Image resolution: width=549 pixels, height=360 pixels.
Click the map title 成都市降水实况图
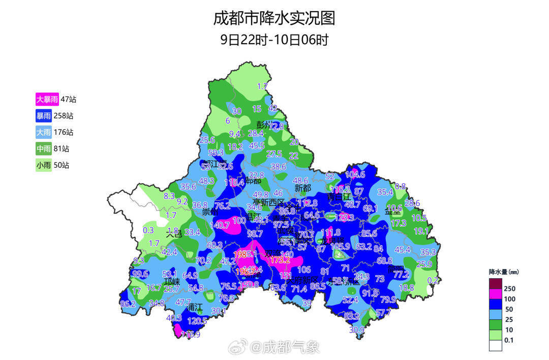(x=274, y=18)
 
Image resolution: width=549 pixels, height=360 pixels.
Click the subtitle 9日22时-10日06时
(x=274, y=40)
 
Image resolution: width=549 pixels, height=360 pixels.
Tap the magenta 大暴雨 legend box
(x=47, y=100)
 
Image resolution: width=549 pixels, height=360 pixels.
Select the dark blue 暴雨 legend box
(x=47, y=116)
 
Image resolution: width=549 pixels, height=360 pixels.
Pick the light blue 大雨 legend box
(x=47, y=132)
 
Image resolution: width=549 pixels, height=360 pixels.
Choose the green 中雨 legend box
(x=47, y=148)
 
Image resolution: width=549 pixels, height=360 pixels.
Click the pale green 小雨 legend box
(x=47, y=165)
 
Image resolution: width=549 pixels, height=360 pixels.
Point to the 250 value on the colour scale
(x=510, y=288)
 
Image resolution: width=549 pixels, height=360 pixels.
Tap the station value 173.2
(x=280, y=260)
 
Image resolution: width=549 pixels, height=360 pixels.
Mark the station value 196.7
(x=247, y=272)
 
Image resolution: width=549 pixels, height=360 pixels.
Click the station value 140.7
(x=220, y=224)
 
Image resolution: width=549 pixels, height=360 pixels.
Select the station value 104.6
(x=355, y=174)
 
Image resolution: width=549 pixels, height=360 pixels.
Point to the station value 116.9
(x=191, y=335)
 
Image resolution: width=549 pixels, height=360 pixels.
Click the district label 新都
(x=302, y=188)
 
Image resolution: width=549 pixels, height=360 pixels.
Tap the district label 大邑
(x=174, y=234)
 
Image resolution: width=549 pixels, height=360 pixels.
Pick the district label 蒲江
(x=194, y=308)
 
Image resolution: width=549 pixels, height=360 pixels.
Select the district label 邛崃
(x=172, y=282)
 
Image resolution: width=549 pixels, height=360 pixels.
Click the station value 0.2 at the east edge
(x=433, y=280)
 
